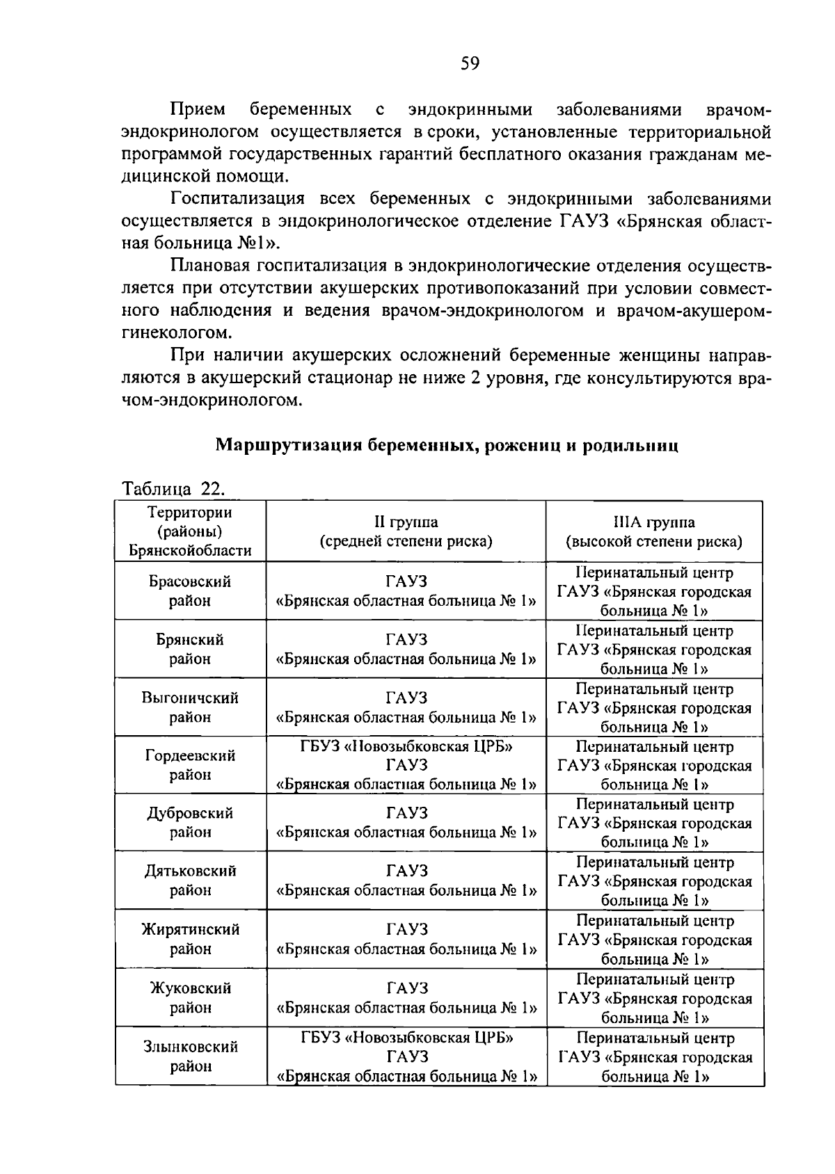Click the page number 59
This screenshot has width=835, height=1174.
coord(470,65)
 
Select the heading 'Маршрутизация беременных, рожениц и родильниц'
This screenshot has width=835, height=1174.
coord(446,445)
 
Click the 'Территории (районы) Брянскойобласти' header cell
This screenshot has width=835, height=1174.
coord(191,531)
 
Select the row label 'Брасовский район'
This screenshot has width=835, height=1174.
coord(191,590)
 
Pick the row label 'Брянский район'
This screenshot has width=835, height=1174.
coord(191,649)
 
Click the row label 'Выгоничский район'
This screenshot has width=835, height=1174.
coord(191,707)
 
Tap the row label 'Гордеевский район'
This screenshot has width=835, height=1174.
coord(191,764)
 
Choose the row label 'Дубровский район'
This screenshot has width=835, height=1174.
coord(191,822)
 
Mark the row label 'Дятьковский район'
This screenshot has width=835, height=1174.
coord(191,880)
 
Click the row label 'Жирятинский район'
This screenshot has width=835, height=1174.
coord(191,938)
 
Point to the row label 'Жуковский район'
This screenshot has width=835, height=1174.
coord(191,997)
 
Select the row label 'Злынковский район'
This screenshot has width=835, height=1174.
coord(191,1056)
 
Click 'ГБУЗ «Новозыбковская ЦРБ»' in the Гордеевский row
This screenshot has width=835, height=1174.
coord(407,747)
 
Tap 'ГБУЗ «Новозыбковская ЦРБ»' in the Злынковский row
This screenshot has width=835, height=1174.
coord(407,1038)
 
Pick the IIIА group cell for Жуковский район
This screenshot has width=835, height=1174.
coord(655,998)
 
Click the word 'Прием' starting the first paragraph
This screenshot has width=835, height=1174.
coord(198,110)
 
